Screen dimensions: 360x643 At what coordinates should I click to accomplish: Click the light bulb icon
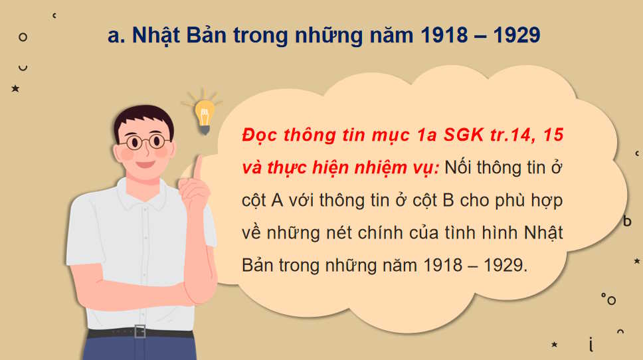pos(205,114)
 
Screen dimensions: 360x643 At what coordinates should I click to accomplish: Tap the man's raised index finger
pos(197,165)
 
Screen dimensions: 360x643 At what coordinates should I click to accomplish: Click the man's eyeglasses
pos(145,141)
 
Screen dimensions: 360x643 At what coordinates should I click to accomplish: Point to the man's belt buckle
pos(139,331)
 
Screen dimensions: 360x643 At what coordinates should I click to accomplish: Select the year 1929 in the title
pos(514,35)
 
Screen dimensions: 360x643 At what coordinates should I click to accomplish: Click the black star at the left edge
pos(15,88)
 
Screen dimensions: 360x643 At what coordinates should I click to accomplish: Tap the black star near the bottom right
pos(554,344)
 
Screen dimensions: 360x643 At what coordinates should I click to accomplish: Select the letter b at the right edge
pos(627,221)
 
